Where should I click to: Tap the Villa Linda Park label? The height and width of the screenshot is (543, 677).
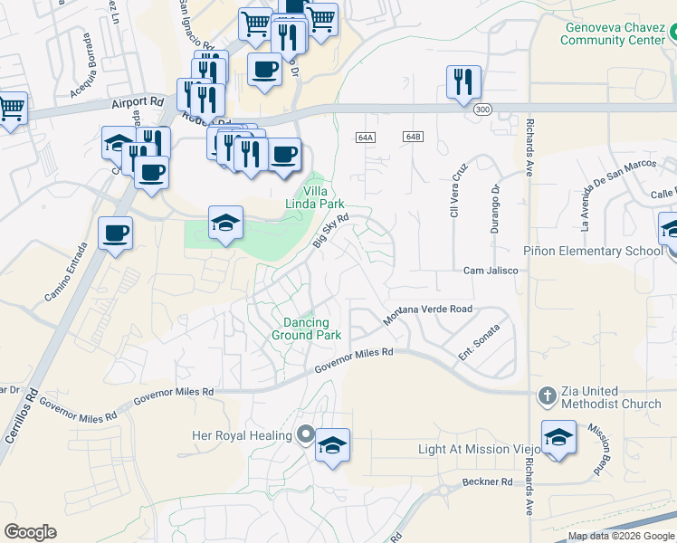(322, 197)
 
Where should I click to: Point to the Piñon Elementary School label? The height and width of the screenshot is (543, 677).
(594, 251)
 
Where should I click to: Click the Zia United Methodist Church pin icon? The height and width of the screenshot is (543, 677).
(547, 395)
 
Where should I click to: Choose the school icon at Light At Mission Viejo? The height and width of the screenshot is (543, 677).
(558, 437)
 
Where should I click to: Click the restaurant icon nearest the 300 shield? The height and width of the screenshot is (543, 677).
(463, 81)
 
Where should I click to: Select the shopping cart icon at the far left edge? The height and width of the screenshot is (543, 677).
(11, 108)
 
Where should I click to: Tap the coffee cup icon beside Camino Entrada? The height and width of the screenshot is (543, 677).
(116, 233)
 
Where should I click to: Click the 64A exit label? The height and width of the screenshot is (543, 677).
(365, 137)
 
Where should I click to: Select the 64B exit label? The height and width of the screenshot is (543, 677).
(413, 137)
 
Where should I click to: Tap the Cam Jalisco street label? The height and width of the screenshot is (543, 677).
(491, 271)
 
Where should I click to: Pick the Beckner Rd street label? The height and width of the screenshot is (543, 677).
(486, 481)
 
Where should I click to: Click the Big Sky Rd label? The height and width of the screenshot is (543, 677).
(330, 231)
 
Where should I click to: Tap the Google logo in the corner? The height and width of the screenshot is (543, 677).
(30, 532)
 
